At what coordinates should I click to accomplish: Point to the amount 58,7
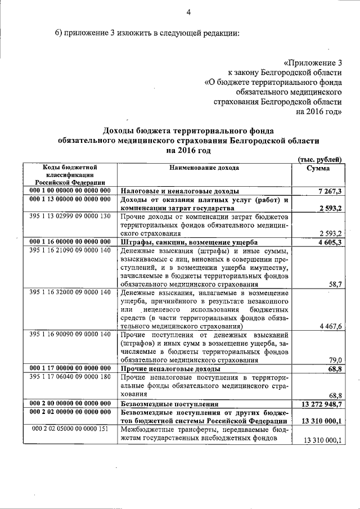pyautogui.click(x=335, y=285)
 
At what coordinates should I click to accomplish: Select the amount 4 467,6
pyautogui.click(x=330, y=326)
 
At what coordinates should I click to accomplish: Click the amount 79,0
pyautogui.click(x=335, y=361)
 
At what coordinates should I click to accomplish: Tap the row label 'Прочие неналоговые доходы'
pyautogui.click(x=166, y=368)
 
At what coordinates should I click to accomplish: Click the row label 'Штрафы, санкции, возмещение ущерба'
pyautogui.click(x=185, y=242)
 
